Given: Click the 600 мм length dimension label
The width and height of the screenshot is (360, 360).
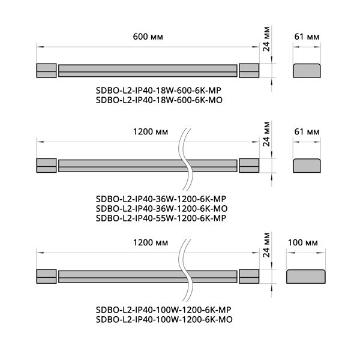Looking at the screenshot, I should coord(148,37).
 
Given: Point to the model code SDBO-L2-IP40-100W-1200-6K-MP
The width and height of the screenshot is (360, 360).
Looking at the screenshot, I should coord(163,310).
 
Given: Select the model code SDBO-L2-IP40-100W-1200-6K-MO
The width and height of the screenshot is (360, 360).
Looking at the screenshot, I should coord(163,320).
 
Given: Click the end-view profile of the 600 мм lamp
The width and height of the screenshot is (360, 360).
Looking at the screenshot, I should coord(306,70).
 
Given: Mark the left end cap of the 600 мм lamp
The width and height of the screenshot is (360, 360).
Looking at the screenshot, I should coord(46,70).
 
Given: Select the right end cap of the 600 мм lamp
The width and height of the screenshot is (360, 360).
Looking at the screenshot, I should coord(249,70).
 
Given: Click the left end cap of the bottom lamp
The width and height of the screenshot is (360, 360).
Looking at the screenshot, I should coord(46,277).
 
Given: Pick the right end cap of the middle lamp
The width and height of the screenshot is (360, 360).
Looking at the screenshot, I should coord(248,165).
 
